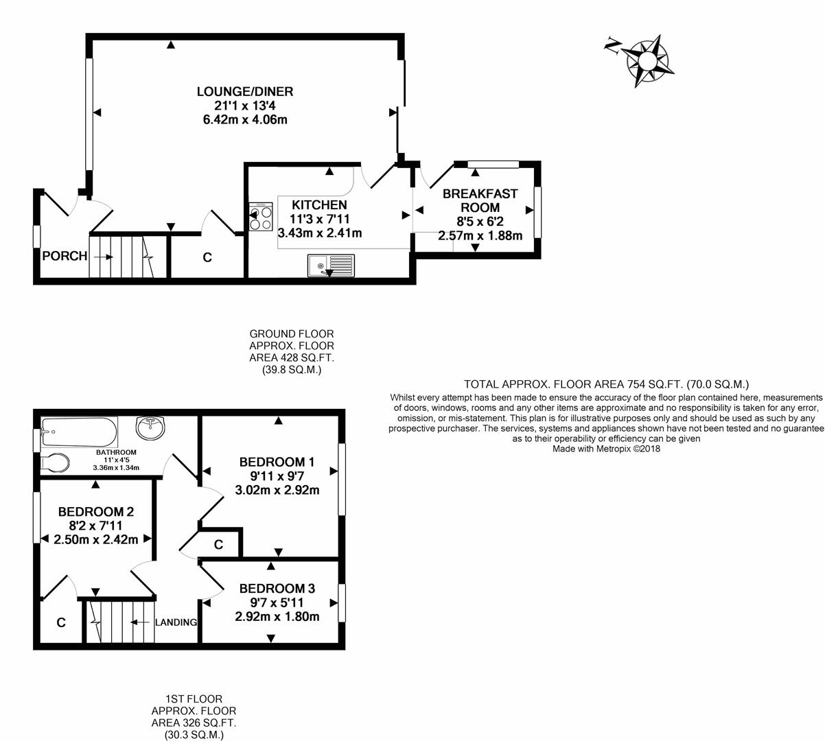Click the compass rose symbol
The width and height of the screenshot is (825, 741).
click(x=646, y=60)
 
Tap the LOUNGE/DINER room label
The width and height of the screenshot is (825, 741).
click(x=245, y=91)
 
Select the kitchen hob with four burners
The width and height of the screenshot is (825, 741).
click(x=261, y=216)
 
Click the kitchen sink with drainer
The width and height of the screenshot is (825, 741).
click(x=332, y=265)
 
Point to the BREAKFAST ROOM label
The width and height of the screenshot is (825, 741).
click(x=480, y=200)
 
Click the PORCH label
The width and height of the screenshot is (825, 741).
click(x=65, y=256)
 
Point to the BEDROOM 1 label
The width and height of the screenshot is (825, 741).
click(x=277, y=461)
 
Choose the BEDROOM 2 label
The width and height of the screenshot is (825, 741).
click(x=95, y=511)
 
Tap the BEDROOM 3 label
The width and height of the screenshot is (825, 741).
click(x=277, y=588)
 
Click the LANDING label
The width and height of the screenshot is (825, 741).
click(x=176, y=622)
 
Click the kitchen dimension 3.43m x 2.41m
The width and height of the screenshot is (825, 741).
click(x=320, y=233)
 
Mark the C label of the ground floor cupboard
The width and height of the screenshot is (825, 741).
click(x=207, y=258)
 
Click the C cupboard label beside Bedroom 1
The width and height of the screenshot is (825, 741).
click(x=218, y=545)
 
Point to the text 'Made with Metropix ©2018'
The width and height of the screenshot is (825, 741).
click(x=606, y=449)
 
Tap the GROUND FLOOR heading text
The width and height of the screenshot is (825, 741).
click(x=292, y=334)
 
